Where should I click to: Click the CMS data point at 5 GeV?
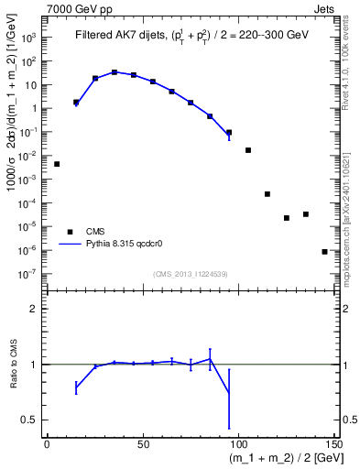point(57,164)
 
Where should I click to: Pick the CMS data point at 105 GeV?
point(248,150)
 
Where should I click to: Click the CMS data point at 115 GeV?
point(267,194)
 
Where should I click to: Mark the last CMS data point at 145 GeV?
point(325,251)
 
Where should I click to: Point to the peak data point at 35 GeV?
point(115,71)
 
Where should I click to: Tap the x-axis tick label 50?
point(142,445)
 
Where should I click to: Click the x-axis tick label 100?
point(238,445)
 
